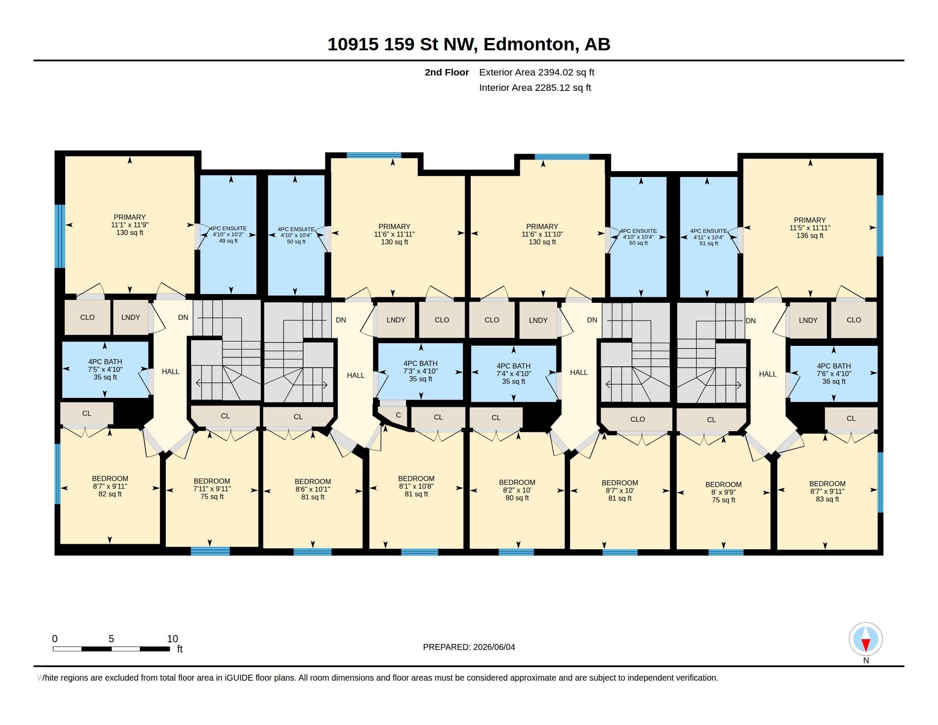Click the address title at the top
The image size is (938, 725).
point(469,44)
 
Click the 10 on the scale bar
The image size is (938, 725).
point(172,639)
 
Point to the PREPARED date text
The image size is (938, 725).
point(469,647)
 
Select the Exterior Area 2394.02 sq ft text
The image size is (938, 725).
point(536,72)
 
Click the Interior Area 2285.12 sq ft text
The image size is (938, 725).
point(535,87)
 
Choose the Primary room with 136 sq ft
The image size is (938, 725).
point(810,228)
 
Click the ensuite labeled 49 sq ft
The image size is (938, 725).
point(228,235)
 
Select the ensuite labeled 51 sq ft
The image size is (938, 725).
point(709,237)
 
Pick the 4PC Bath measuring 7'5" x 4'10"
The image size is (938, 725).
point(105,369)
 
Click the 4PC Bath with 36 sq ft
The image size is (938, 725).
point(834,374)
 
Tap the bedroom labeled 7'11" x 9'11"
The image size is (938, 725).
point(212,489)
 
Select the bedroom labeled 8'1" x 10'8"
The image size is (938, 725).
point(416,486)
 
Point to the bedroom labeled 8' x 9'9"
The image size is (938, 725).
point(723,492)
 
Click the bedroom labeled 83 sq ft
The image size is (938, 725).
point(827,491)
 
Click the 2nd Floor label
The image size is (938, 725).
point(447,72)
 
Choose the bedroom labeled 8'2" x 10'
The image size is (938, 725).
point(517,490)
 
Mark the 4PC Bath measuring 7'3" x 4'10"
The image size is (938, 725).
point(420,371)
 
